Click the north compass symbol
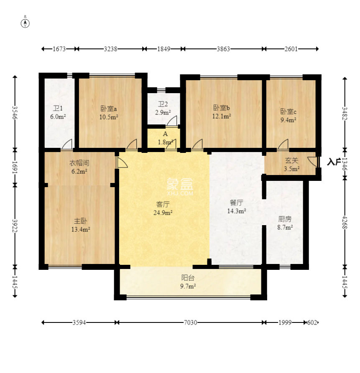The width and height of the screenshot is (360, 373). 25,23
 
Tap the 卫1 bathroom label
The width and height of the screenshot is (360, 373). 58,109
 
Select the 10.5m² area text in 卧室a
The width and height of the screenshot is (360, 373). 109,117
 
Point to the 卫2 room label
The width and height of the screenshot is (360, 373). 163,104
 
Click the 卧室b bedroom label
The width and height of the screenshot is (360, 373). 222,108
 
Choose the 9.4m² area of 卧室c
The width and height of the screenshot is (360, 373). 289,120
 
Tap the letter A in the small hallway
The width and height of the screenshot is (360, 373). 165,134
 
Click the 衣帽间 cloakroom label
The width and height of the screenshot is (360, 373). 79,163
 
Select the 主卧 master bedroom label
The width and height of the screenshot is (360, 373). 80,221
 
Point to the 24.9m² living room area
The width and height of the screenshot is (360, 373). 163,213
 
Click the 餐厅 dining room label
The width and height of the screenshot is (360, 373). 236,203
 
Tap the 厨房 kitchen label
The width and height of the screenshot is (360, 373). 285,218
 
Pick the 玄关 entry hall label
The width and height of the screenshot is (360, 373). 292,160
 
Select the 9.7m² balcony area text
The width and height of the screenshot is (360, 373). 188,286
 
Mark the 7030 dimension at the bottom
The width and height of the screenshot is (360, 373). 191,322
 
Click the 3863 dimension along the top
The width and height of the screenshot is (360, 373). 223,49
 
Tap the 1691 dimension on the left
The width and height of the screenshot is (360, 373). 15,167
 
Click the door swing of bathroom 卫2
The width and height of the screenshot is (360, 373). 172,121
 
